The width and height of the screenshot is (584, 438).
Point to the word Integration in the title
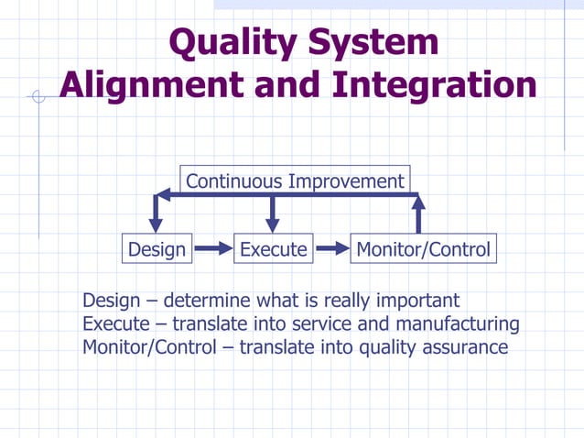[434, 85]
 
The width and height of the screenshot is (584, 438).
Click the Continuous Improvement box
[295, 181]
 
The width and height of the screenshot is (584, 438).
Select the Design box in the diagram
[157, 248]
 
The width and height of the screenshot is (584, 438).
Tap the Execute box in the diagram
[273, 248]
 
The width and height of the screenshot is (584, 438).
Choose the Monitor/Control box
[423, 248]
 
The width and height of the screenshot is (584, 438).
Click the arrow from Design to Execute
[213, 248]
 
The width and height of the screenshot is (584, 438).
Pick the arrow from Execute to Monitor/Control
[332, 248]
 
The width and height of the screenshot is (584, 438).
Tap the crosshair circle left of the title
[38, 96]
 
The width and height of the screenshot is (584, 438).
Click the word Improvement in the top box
[345, 181]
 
